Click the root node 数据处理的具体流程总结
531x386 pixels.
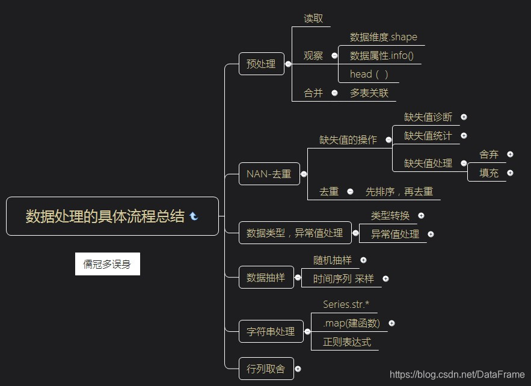105,216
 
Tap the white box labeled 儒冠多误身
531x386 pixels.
107,264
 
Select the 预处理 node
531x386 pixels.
261,64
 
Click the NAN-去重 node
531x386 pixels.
269,174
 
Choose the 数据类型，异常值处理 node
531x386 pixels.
295,233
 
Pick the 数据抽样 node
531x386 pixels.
265,278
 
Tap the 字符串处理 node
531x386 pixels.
271,331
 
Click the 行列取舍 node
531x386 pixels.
266,369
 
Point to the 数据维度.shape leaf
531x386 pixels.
383,37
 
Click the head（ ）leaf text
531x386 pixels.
369,75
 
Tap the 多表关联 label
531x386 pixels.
369,93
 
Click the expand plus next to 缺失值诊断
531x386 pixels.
464,117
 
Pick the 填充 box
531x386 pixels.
489,173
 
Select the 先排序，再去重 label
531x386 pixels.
399,192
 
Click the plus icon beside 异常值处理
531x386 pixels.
431,234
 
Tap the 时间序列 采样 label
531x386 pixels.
343,279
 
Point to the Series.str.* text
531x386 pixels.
346,304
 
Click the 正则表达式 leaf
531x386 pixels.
347,342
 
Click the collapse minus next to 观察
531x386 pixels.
334,56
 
